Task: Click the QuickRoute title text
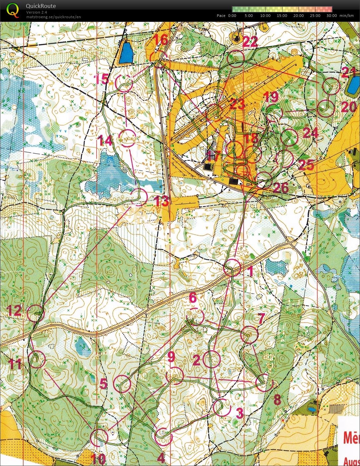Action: click(x=41, y=6)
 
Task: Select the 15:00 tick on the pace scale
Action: click(x=282, y=16)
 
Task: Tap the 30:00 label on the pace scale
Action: click(x=331, y=16)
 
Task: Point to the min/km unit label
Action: click(x=346, y=16)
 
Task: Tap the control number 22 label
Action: click(x=250, y=42)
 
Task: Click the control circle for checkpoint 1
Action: click(x=232, y=268)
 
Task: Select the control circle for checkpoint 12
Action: click(x=36, y=313)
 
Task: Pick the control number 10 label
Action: click(x=98, y=459)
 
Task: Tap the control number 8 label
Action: click(x=277, y=400)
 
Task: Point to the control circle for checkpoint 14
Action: click(x=127, y=138)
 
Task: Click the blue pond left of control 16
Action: click(x=126, y=53)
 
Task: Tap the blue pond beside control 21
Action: click(x=352, y=86)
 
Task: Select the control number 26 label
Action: click(x=281, y=188)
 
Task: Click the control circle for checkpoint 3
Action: click(x=222, y=408)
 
